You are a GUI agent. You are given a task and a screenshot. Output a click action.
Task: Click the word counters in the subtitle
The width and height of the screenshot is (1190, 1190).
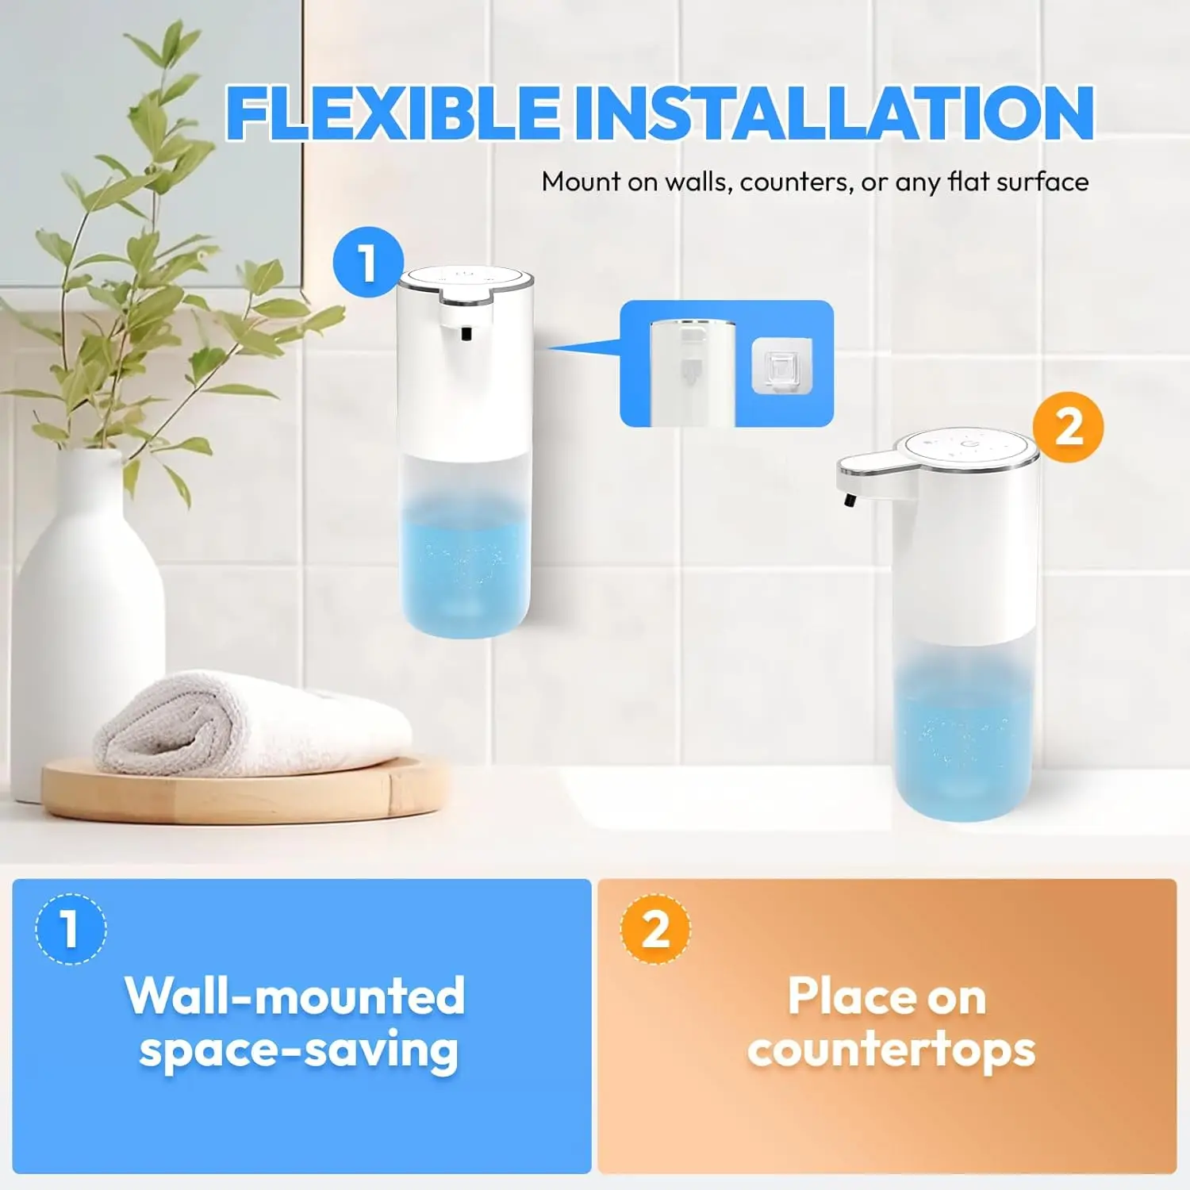797,182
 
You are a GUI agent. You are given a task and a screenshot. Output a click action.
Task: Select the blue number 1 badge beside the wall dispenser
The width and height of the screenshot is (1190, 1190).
367,263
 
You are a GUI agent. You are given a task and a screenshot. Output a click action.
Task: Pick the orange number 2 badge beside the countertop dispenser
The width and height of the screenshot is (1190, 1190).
1069,428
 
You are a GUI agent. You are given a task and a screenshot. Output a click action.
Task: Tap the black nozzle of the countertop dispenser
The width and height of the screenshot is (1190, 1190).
850,501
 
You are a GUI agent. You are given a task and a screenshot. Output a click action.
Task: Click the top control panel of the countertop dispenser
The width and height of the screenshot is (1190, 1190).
966,448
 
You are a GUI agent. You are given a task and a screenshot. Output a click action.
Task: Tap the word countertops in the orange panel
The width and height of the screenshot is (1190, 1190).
891,1050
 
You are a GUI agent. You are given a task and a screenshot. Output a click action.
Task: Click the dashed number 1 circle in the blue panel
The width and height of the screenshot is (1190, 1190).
71,929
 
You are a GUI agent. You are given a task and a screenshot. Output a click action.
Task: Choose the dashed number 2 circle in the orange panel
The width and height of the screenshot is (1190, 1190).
655,929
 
